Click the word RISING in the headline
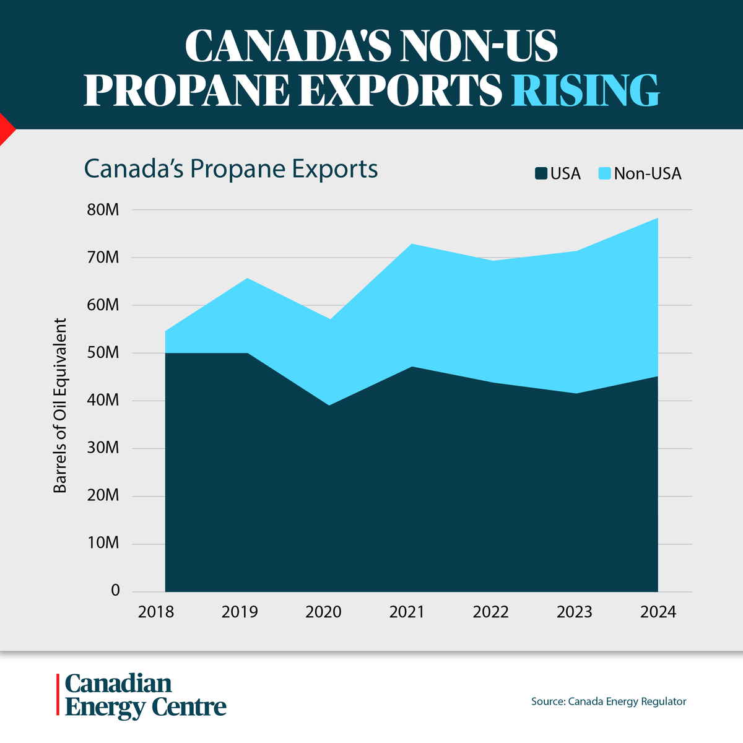point(585,90)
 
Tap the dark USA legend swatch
point(541,174)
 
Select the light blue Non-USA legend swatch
point(605,174)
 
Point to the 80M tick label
point(103,210)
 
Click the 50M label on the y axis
point(103,353)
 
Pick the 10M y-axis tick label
point(103,543)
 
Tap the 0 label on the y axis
point(115,591)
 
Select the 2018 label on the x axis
point(156,612)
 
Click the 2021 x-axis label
point(407,612)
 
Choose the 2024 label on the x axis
point(658,612)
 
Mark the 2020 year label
point(323,612)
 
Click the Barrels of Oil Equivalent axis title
point(59,406)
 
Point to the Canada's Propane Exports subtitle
point(230,169)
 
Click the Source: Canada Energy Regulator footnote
point(609,702)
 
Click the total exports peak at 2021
point(410,245)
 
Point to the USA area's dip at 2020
point(328,405)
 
